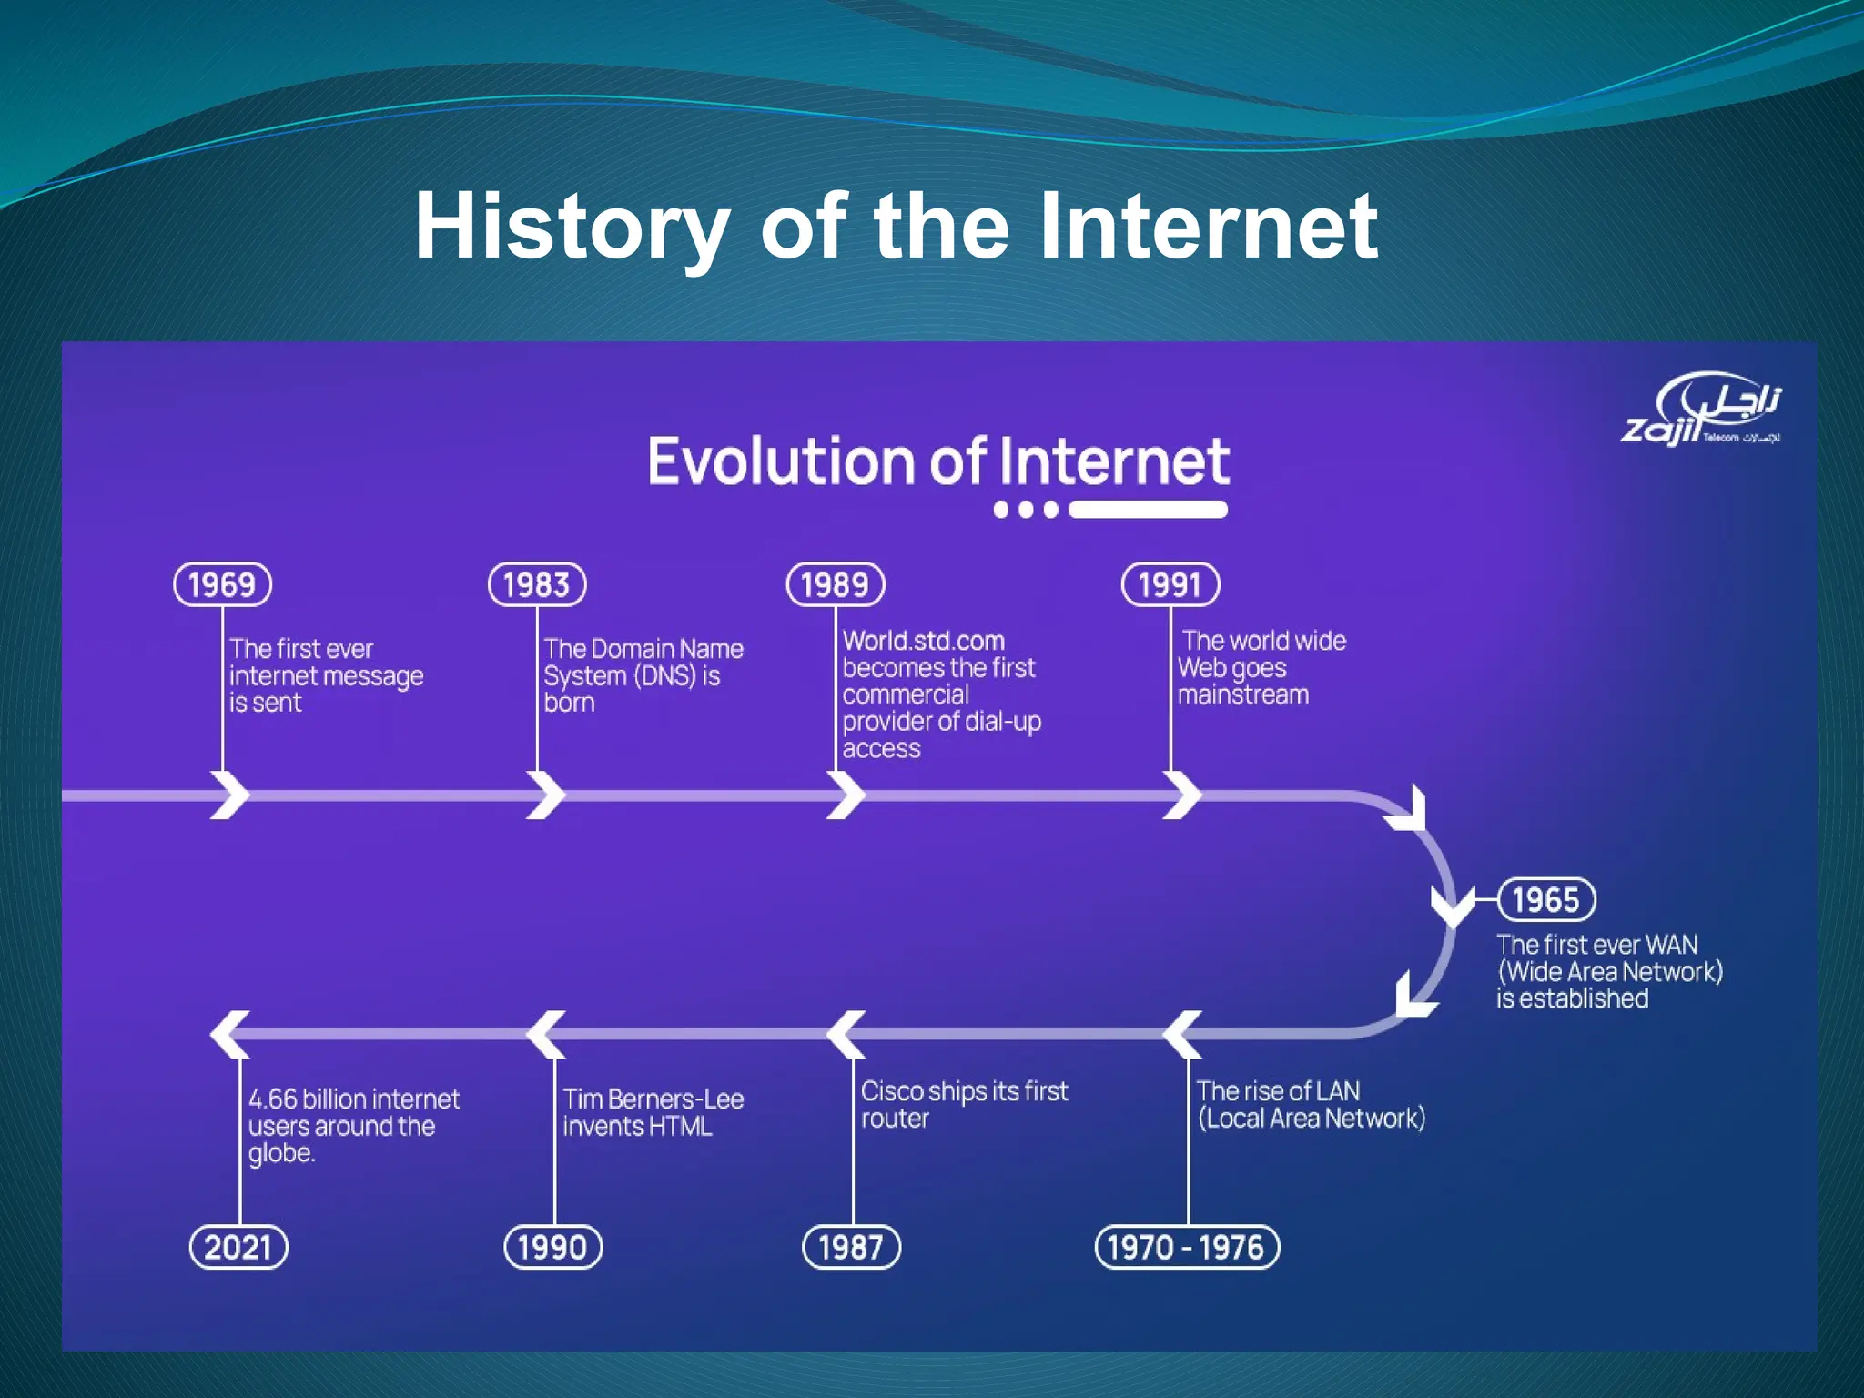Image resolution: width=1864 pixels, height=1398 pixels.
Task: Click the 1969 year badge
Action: pyautogui.click(x=222, y=584)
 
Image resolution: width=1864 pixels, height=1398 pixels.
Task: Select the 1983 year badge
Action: pyautogui.click(x=537, y=584)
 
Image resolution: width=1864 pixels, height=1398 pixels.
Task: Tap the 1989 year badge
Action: pyautogui.click(x=836, y=584)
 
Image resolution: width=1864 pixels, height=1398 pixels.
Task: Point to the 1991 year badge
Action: pyautogui.click(x=1170, y=584)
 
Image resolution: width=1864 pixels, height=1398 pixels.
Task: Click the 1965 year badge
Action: pyautogui.click(x=1546, y=899)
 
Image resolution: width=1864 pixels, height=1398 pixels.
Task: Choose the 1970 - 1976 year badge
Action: pyautogui.click(x=1187, y=1247)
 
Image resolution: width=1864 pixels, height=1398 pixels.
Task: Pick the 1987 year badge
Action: pyautogui.click(x=851, y=1247)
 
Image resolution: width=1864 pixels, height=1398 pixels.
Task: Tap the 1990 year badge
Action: pyautogui.click(x=553, y=1247)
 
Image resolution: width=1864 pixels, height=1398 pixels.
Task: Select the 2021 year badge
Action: pyautogui.click(x=238, y=1247)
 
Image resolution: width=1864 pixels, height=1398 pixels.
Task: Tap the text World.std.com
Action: pyautogui.click(x=923, y=641)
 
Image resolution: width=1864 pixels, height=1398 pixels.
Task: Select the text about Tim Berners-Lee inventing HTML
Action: pyautogui.click(x=652, y=1112)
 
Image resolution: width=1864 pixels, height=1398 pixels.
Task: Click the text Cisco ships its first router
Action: pyautogui.click(x=963, y=1104)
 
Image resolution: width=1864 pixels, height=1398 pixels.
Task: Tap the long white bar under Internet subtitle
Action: pyautogui.click(x=1149, y=510)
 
